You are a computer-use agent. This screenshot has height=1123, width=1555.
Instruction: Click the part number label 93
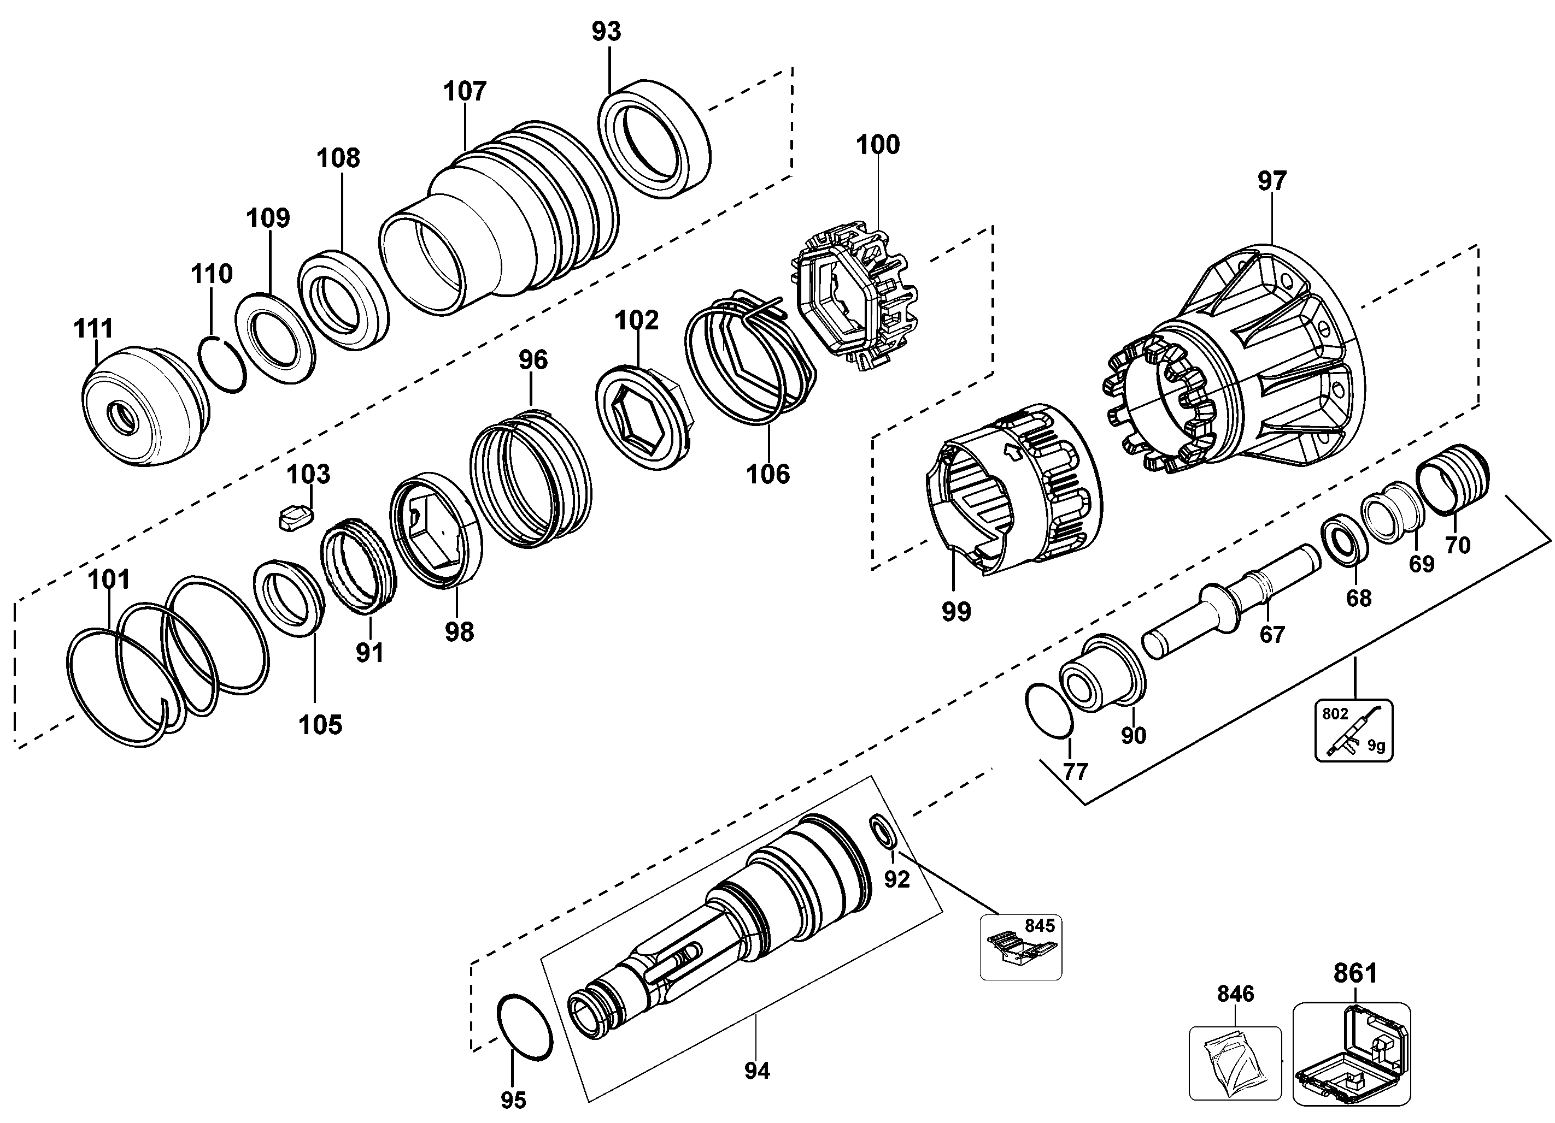point(606,32)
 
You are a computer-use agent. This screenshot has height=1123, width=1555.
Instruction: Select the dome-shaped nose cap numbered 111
point(145,407)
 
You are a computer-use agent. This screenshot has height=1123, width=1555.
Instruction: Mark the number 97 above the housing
point(1272,181)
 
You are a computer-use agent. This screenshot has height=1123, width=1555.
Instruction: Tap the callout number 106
point(768,474)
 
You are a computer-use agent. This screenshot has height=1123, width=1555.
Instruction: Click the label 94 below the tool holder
point(757,1070)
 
